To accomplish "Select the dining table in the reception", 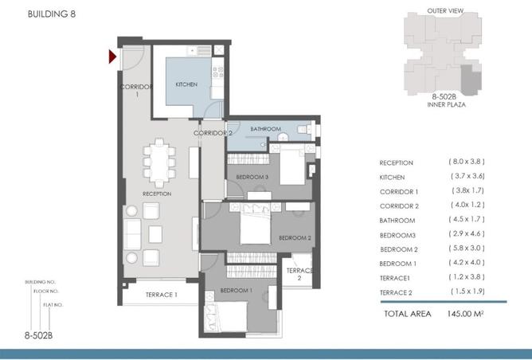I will pyautogui.click(x=161, y=160).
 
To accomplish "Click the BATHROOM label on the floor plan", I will pyautogui.click(x=265, y=129).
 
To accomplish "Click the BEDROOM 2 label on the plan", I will pyautogui.click(x=294, y=237).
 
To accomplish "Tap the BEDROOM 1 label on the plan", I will pyautogui.click(x=236, y=290).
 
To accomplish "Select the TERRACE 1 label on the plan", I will pyautogui.click(x=161, y=295).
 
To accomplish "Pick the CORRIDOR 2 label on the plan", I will pyautogui.click(x=213, y=133).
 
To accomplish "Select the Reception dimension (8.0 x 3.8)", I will pyautogui.click(x=467, y=162).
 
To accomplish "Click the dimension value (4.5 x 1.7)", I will pyautogui.click(x=467, y=220).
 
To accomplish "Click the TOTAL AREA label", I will pyautogui.click(x=407, y=314).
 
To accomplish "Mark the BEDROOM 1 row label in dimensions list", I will pyautogui.click(x=398, y=264).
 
